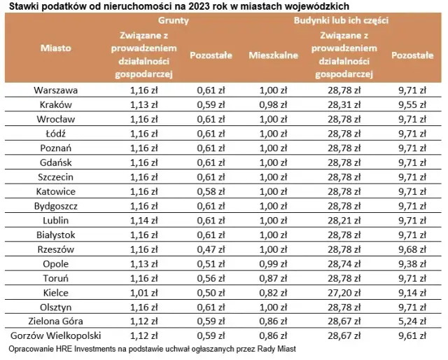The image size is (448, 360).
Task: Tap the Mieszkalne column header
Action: (274, 54)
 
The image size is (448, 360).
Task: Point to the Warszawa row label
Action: (55, 90)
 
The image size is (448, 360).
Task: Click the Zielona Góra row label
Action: (55, 321)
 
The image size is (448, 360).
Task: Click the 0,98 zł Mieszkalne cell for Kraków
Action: (274, 104)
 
